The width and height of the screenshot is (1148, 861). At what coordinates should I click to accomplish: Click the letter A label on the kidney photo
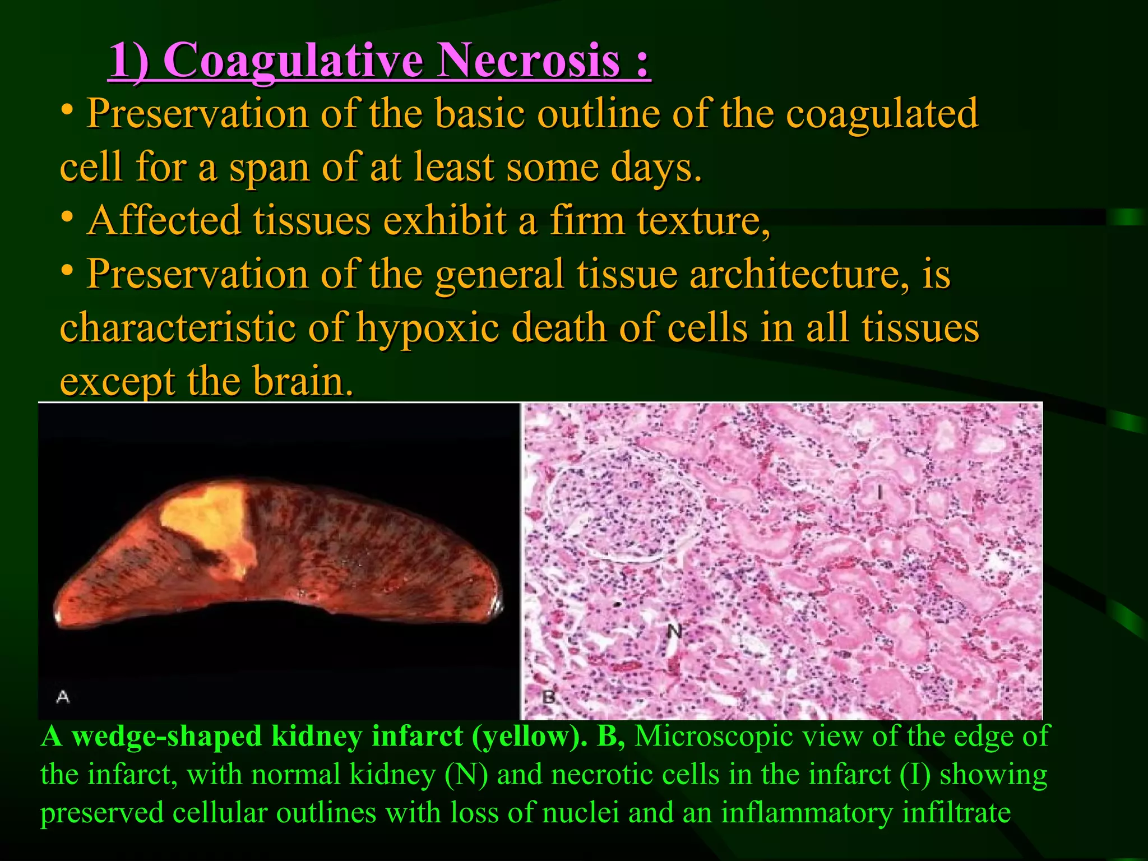coord(63,697)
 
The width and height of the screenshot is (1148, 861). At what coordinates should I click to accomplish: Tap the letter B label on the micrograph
coord(548,697)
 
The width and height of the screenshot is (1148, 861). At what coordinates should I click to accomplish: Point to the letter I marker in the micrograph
coord(880,492)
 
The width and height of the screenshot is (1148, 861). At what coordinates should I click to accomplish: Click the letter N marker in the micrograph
coord(674,632)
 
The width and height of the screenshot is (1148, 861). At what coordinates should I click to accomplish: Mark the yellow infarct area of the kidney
coord(210,524)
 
